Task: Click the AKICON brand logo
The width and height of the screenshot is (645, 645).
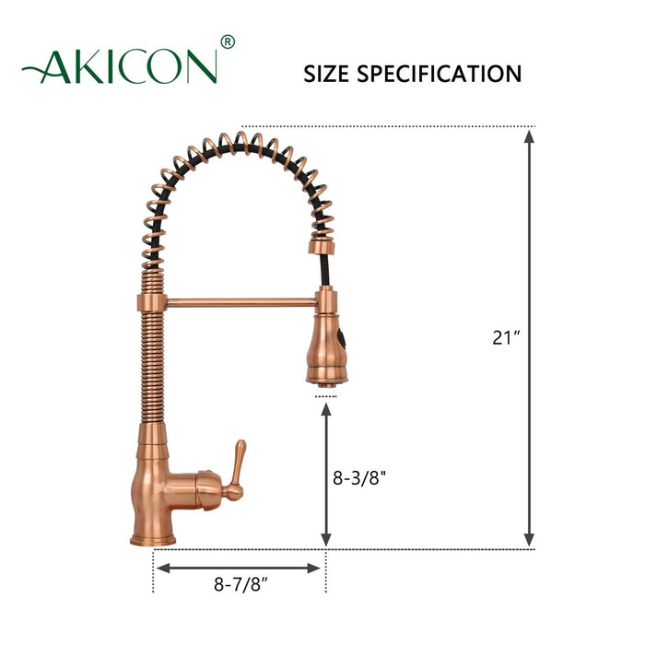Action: pos(120,66)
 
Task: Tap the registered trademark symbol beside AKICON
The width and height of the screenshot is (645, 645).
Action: pos(229,42)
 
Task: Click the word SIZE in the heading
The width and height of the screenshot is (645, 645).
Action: pos(329,74)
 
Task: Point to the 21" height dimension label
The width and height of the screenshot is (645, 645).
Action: pos(506,337)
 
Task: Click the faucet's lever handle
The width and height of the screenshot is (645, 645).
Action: pos(235,467)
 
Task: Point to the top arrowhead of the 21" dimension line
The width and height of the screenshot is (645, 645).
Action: pos(529,135)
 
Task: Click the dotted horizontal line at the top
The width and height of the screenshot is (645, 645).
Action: pos(387,125)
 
